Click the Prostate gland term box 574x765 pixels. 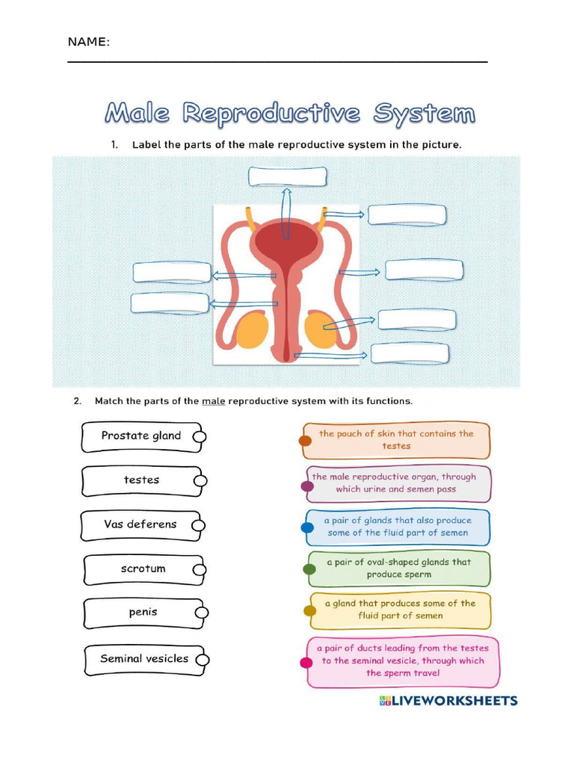tap(141, 436)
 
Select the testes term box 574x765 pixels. tap(141, 480)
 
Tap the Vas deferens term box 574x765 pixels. tap(141, 524)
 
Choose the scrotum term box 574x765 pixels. tap(142, 569)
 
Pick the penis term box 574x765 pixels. tap(143, 613)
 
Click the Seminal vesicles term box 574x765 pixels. tap(144, 659)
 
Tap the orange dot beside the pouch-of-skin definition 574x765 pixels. tap(305, 441)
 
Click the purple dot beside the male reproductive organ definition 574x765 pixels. tap(307, 486)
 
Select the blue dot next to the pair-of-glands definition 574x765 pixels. tap(307, 528)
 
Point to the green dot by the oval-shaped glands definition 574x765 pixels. tap(309, 569)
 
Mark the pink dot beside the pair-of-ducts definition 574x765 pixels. tap(306, 663)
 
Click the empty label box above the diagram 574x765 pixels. tap(288, 177)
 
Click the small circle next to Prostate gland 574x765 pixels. tap(200, 437)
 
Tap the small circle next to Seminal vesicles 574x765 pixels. tap(203, 660)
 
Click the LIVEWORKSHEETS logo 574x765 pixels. tap(448, 701)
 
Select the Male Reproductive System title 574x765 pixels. tap(290, 114)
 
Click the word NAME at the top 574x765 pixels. tap(88, 42)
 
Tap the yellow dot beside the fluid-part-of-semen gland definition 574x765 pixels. tap(309, 611)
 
